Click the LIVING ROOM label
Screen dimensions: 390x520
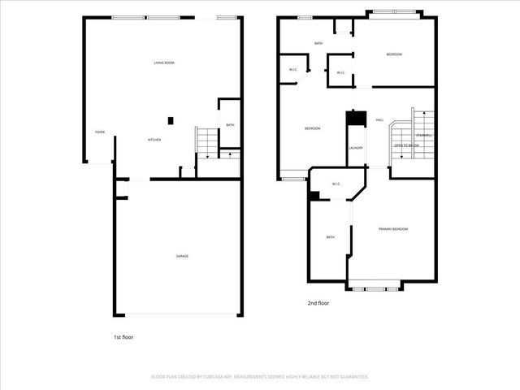pyautogui.click(x=165, y=63)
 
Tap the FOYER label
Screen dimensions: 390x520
pyautogui.click(x=100, y=132)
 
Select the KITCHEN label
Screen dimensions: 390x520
pyautogui.click(x=154, y=140)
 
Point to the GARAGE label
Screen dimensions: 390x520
pyautogui.click(x=182, y=256)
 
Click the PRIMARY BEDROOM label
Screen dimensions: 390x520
pyautogui.click(x=393, y=229)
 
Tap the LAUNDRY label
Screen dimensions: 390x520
pyautogui.click(x=356, y=148)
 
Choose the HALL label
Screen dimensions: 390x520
pyautogui.click(x=379, y=121)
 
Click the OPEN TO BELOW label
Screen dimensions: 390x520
pyautogui.click(x=406, y=145)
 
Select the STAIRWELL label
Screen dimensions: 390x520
pyautogui.click(x=424, y=135)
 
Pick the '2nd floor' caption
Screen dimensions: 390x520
pyautogui.click(x=318, y=303)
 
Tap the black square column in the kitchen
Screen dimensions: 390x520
pyautogui.click(x=171, y=121)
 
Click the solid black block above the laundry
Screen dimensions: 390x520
pyautogui.click(x=355, y=118)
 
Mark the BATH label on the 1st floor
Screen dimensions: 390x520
pyautogui.click(x=230, y=125)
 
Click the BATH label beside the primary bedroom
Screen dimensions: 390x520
pyautogui.click(x=331, y=237)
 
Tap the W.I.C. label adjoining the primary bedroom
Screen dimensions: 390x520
pyautogui.click(x=336, y=184)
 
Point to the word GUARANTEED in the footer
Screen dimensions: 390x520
pyautogui.click(x=351, y=377)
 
